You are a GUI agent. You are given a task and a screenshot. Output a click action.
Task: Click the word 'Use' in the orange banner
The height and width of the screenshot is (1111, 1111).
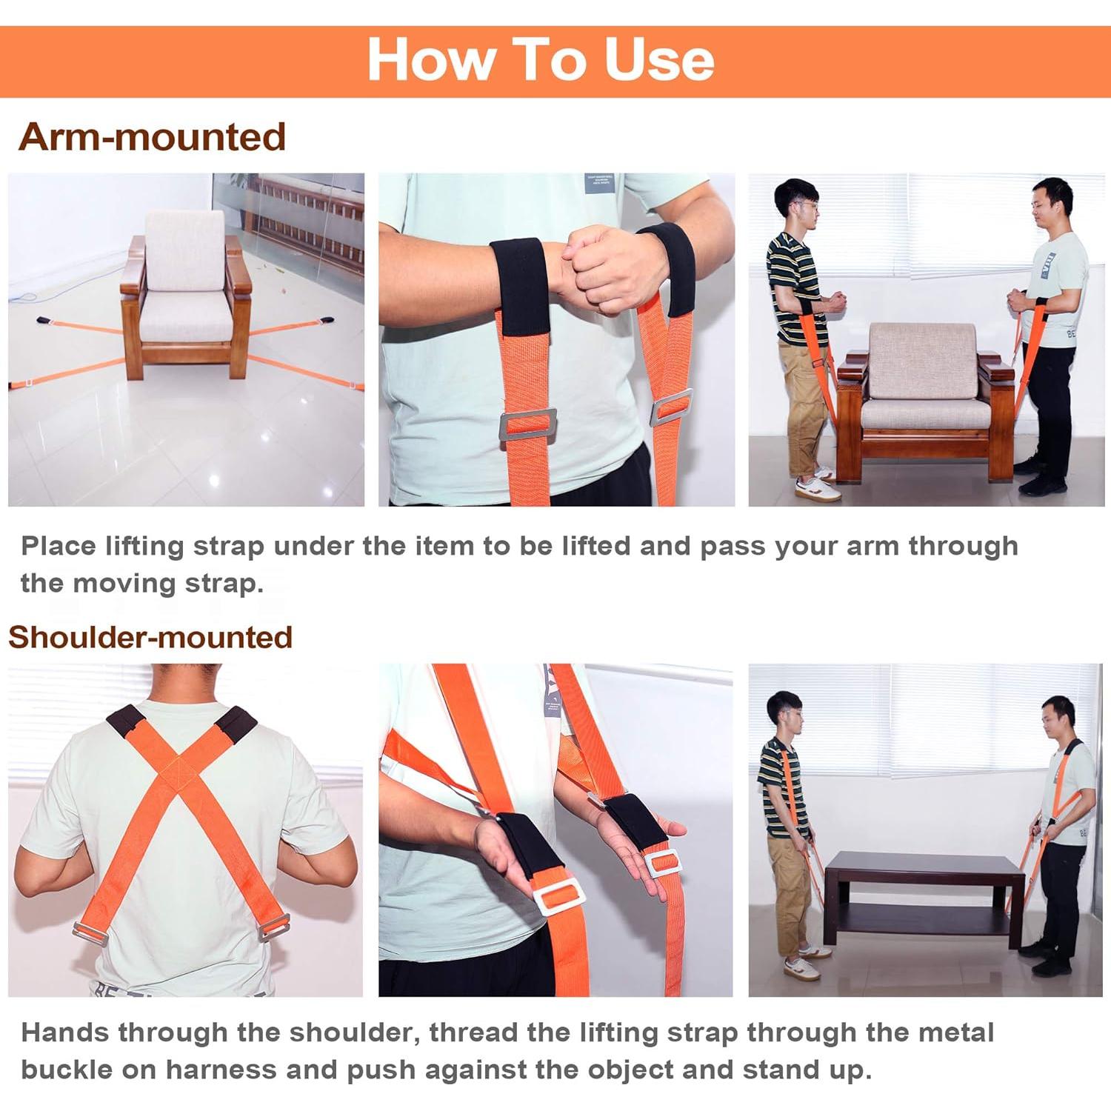pos(659,59)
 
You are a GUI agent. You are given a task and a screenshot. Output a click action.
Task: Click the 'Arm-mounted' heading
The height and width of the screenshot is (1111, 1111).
pos(152,137)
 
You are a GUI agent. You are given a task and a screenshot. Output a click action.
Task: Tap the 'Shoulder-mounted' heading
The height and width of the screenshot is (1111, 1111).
pos(150,637)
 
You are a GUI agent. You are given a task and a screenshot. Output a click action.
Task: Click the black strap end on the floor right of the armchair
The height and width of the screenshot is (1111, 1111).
pos(327,321)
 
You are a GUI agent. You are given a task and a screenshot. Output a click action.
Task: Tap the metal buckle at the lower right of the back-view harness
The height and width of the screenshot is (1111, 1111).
pos(274,927)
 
